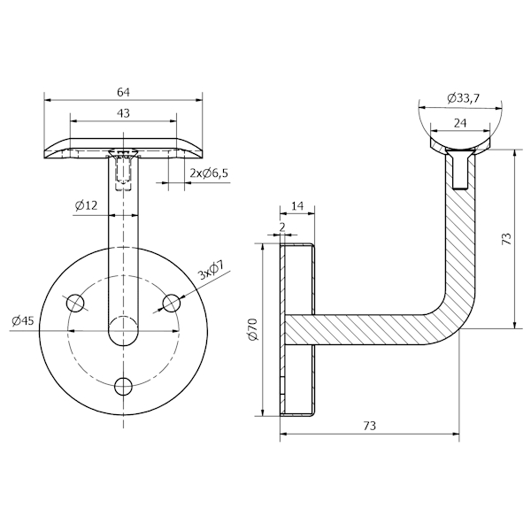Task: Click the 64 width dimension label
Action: click(x=125, y=91)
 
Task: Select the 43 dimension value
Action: click(x=124, y=113)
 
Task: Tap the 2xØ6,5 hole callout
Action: click(x=209, y=173)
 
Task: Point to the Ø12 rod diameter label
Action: click(x=87, y=205)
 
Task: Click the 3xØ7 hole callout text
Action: click(x=210, y=269)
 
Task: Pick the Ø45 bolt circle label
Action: click(x=23, y=321)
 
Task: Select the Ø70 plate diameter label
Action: click(x=251, y=329)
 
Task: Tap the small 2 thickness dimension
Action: click(x=282, y=227)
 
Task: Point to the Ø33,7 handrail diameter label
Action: click(x=463, y=97)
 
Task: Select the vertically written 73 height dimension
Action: click(x=506, y=239)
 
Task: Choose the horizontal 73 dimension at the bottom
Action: click(x=370, y=426)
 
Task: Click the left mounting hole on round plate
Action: click(x=77, y=303)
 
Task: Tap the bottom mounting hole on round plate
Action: click(x=125, y=386)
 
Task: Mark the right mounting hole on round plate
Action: click(x=172, y=303)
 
